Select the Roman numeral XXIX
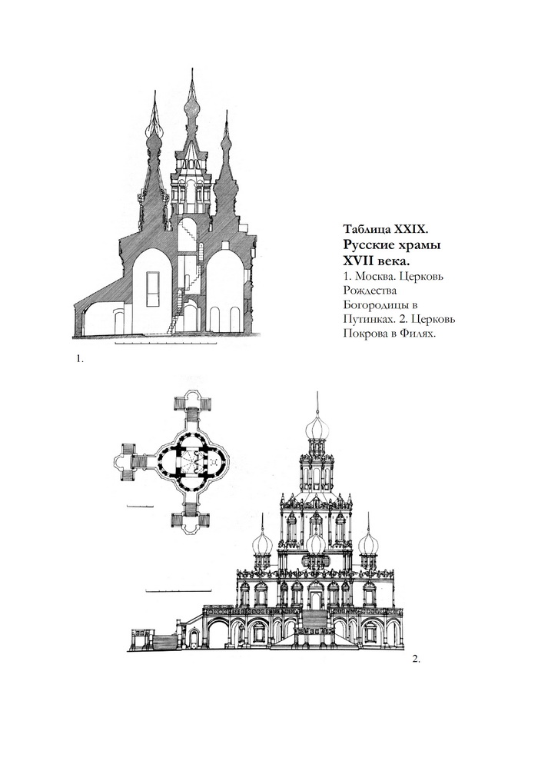pos(410,228)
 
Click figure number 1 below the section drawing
pos(80,359)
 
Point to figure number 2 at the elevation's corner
pos(416,659)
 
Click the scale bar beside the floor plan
pos(140,507)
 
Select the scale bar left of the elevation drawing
pos(178,590)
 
